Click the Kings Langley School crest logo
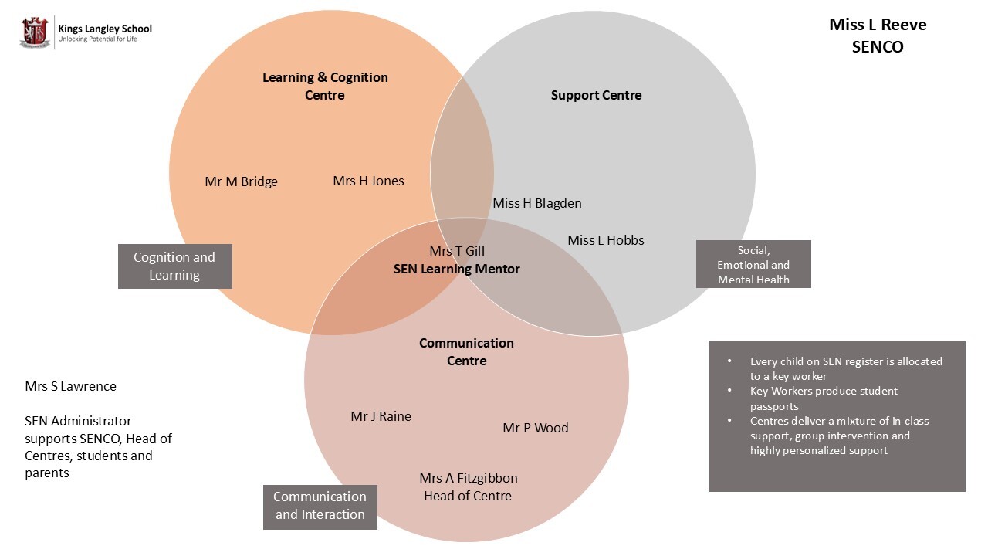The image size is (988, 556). [x=35, y=33]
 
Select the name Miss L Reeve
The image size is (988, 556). [x=878, y=25]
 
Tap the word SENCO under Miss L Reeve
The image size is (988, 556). [x=878, y=47]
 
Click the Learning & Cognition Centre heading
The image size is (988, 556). [x=325, y=86]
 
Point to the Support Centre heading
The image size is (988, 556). [x=596, y=95]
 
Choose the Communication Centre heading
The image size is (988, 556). [x=466, y=351]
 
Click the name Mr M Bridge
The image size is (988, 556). [x=241, y=181]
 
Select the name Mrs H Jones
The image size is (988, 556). [x=368, y=181]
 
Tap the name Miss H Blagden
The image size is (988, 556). [x=537, y=203]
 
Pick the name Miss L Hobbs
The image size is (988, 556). [x=606, y=240]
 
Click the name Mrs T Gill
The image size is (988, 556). [x=457, y=251]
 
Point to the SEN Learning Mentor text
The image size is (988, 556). [x=457, y=269]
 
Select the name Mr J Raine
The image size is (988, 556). [x=381, y=416]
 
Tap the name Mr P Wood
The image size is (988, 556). [x=535, y=428]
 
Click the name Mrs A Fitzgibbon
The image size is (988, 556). [x=469, y=478]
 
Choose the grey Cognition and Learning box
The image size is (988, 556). [x=174, y=266]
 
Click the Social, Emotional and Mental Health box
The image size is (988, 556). [x=753, y=264]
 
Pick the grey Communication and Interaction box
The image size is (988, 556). [x=320, y=507]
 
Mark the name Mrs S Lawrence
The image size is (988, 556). [x=70, y=386]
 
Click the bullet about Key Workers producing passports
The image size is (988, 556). [x=824, y=398]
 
